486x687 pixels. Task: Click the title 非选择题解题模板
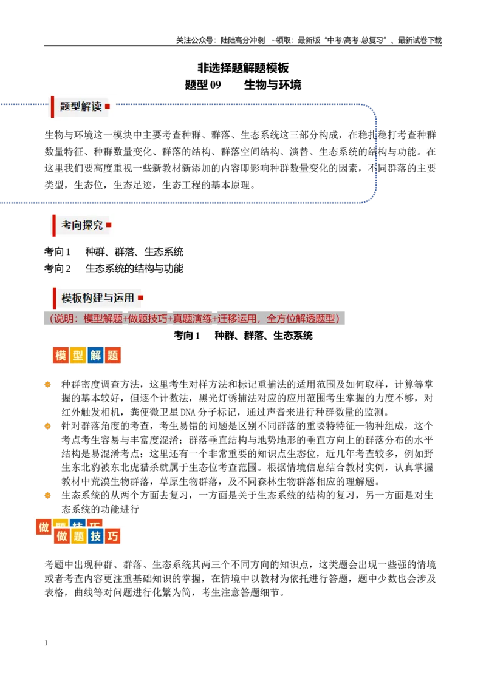point(243,68)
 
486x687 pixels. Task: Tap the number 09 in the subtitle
point(216,84)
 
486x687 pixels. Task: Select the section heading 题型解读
point(81,106)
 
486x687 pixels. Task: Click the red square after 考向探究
point(109,225)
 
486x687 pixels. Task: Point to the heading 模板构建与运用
point(98,298)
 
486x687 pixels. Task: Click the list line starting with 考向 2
point(114,268)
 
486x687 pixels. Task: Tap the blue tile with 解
point(95,355)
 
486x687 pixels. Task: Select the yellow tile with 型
point(78,355)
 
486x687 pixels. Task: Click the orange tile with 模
point(61,355)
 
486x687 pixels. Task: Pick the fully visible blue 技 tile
point(95,536)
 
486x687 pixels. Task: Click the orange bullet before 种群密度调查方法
point(48,385)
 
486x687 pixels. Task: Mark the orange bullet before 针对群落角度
point(48,426)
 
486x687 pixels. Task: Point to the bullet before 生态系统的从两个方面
point(48,496)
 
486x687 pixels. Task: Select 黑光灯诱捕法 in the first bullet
point(223,398)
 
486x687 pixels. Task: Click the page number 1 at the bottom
point(46,643)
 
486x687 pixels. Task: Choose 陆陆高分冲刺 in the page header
point(242,40)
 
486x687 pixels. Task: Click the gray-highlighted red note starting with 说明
point(194,319)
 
